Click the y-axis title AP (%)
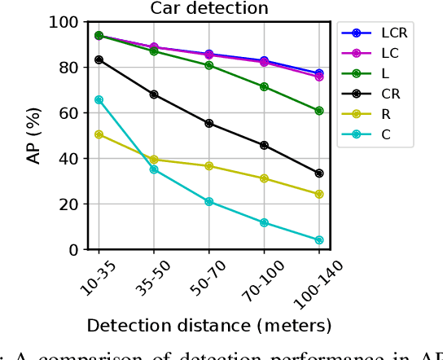point(34,136)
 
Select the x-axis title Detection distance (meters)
point(209,326)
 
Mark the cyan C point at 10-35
point(99,99)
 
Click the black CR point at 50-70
point(209,123)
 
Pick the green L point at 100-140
point(319,111)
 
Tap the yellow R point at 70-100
point(264,178)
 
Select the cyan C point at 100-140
point(319,240)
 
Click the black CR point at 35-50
point(154,94)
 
